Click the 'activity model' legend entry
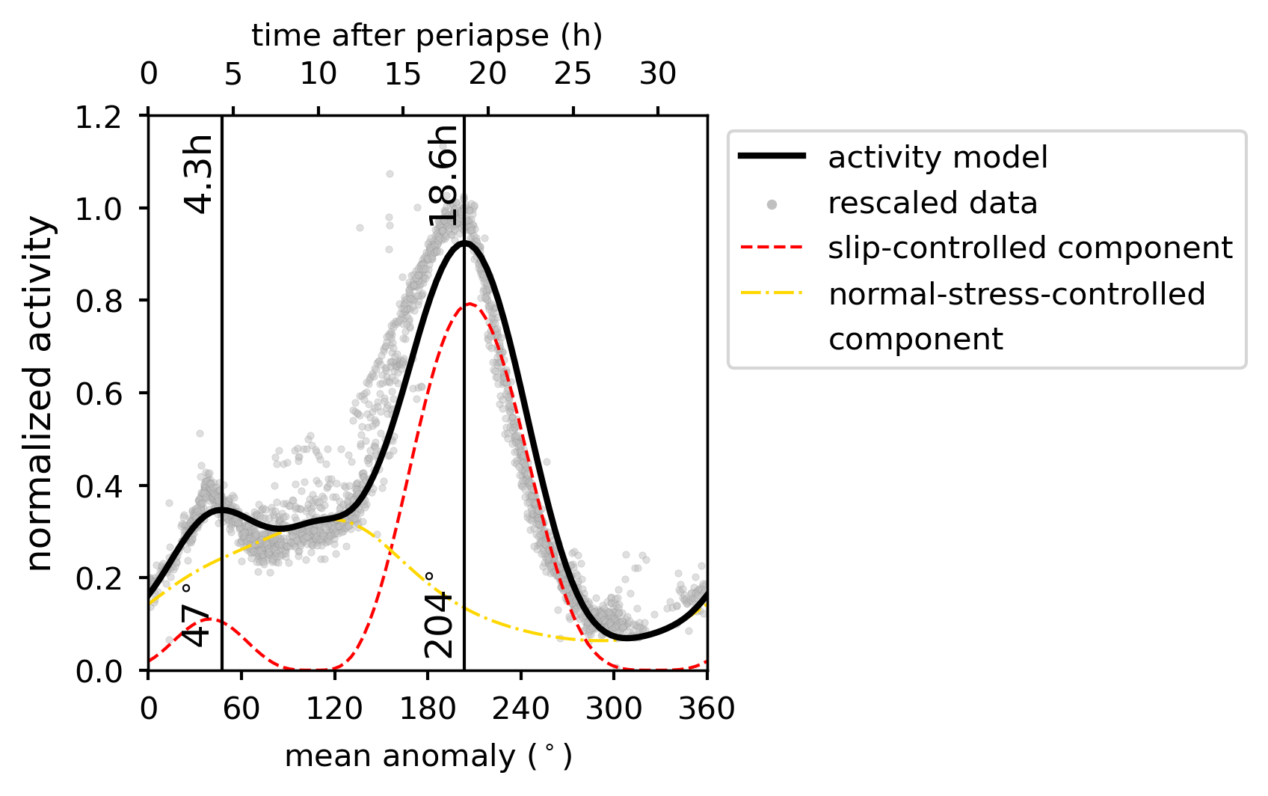point(938,158)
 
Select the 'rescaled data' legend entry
point(932,203)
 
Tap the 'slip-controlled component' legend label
point(1030,248)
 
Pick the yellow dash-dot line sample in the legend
point(772,294)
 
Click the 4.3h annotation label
point(200,174)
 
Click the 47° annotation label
point(194,615)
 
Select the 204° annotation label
point(440,615)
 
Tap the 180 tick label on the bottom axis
point(427,708)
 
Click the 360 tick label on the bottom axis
point(707,708)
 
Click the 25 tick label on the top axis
point(573,74)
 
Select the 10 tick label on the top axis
point(318,74)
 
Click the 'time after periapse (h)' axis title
point(427,36)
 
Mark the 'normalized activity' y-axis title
point(40,394)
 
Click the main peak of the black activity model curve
point(464,242)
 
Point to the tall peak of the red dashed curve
point(470,304)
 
